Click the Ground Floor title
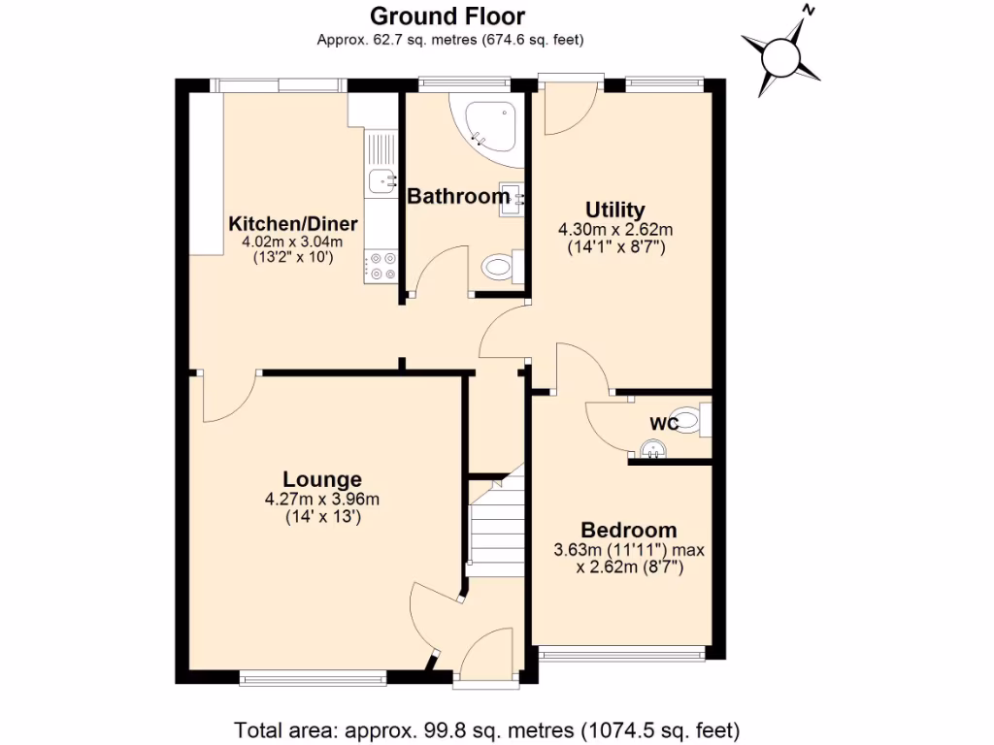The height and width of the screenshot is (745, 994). pyautogui.click(x=448, y=16)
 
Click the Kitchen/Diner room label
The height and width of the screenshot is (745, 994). pyautogui.click(x=293, y=224)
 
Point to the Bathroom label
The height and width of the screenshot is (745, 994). pyautogui.click(x=458, y=197)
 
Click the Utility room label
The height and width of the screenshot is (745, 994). pyautogui.click(x=614, y=211)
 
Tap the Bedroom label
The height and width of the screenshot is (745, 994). pyautogui.click(x=628, y=531)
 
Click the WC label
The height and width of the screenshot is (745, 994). pyautogui.click(x=664, y=424)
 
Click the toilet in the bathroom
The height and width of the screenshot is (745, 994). pyautogui.click(x=501, y=265)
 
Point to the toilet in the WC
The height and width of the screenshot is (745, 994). pyautogui.click(x=690, y=420)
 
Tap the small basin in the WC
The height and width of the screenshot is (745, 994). pyautogui.click(x=651, y=448)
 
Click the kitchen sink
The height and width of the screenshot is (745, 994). pyautogui.click(x=381, y=178)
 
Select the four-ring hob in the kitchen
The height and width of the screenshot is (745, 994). pyautogui.click(x=381, y=267)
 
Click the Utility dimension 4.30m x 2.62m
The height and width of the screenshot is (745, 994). pyautogui.click(x=614, y=230)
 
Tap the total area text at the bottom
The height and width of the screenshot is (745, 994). pyautogui.click(x=487, y=729)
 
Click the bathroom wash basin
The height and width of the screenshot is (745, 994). pyautogui.click(x=512, y=198)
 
